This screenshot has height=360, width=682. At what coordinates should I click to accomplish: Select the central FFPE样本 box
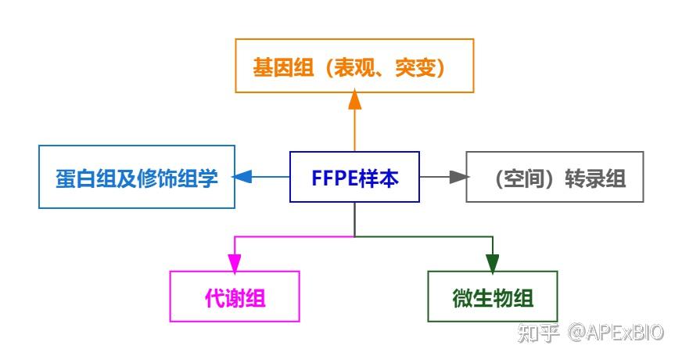click(x=354, y=178)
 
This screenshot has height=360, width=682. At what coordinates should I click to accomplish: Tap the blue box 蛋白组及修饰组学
click(x=136, y=177)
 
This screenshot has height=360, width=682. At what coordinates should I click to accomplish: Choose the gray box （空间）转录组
click(x=555, y=178)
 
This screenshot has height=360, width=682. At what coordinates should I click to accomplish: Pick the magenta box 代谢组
click(x=235, y=297)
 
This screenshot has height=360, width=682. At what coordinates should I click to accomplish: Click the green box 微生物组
click(x=493, y=297)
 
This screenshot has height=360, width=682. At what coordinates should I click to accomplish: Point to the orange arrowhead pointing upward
click(x=355, y=99)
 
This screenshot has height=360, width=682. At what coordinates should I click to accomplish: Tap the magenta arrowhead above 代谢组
click(x=235, y=261)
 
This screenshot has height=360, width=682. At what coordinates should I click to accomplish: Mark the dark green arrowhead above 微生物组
click(x=493, y=261)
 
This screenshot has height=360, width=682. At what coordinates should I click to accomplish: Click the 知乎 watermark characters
click(x=541, y=333)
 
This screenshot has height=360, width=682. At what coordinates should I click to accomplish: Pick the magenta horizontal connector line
click(x=294, y=236)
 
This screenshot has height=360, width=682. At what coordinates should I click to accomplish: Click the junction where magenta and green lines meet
click(x=355, y=236)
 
